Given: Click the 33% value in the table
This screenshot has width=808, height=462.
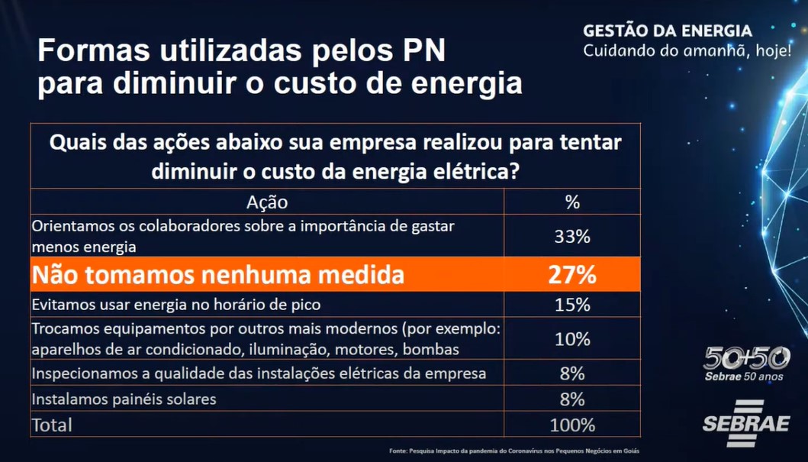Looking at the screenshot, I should pyautogui.click(x=572, y=237).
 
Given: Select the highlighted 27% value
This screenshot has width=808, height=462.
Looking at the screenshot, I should pyautogui.click(x=572, y=275).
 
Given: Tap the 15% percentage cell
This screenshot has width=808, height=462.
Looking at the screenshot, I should pyautogui.click(x=572, y=305).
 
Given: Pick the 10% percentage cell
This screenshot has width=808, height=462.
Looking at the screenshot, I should pyautogui.click(x=572, y=339).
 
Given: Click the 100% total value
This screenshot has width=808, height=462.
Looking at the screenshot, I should pyautogui.click(x=572, y=425).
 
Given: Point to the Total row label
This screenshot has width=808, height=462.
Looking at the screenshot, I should pyautogui.click(x=52, y=425).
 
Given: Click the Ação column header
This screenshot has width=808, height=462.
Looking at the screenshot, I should pyautogui.click(x=267, y=202).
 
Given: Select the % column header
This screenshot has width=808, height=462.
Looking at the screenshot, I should pyautogui.click(x=572, y=202).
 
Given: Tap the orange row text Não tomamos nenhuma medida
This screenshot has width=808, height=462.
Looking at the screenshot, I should pyautogui.click(x=217, y=275).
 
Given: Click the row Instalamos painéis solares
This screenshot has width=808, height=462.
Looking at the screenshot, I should pyautogui.click(x=124, y=399).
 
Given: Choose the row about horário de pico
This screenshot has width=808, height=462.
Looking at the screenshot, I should pyautogui.click(x=176, y=305).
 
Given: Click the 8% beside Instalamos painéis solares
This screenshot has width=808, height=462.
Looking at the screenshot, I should pyautogui.click(x=572, y=399).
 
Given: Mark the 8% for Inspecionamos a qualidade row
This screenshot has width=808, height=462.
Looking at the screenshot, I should pyautogui.click(x=572, y=374).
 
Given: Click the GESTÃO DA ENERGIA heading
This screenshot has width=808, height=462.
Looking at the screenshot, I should pyautogui.click(x=668, y=31).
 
